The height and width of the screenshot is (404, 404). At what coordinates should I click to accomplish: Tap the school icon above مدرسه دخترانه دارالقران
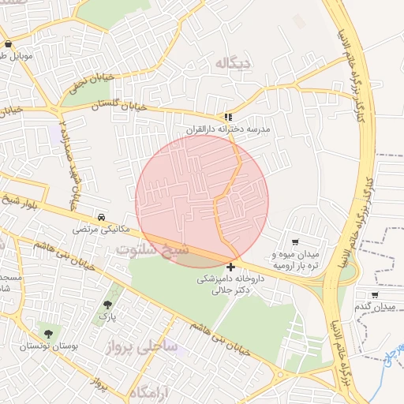pos(229,116)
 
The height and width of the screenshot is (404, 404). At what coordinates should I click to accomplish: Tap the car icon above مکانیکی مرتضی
pos(101,216)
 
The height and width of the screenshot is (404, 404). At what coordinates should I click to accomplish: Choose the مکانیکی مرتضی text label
pos(99,229)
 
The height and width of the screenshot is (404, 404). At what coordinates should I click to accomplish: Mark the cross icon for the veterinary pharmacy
pos(230,267)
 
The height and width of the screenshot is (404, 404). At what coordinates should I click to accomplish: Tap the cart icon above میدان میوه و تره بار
pos(295,242)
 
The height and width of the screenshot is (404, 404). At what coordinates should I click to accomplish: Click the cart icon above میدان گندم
pos(374,294)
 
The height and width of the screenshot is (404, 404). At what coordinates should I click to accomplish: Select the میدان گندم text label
pos(373,306)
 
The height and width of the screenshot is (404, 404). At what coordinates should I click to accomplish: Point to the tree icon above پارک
pos(107,305)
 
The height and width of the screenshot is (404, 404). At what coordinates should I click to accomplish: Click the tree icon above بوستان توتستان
pos(49,335)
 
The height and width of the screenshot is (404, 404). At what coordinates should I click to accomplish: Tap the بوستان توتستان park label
pos(46,347)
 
